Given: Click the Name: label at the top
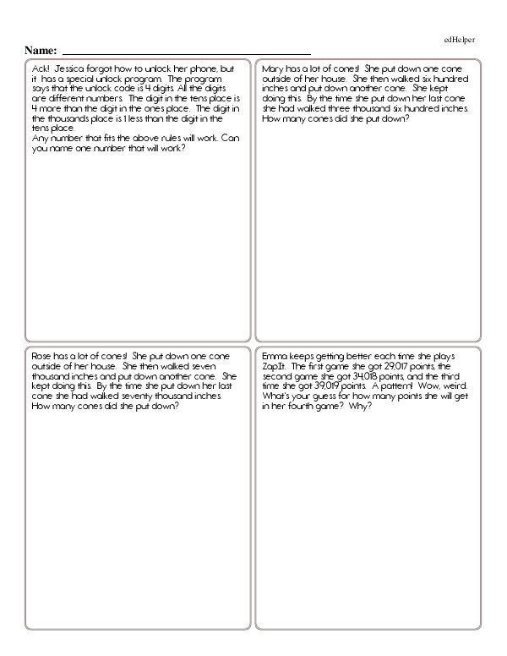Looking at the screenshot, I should click(x=41, y=51).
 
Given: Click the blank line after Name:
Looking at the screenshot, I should click(x=186, y=52).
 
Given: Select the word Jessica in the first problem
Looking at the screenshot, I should click(x=70, y=68).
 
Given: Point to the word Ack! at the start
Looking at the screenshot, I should click(x=39, y=68).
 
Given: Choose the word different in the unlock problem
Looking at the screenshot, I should click(x=66, y=98).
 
